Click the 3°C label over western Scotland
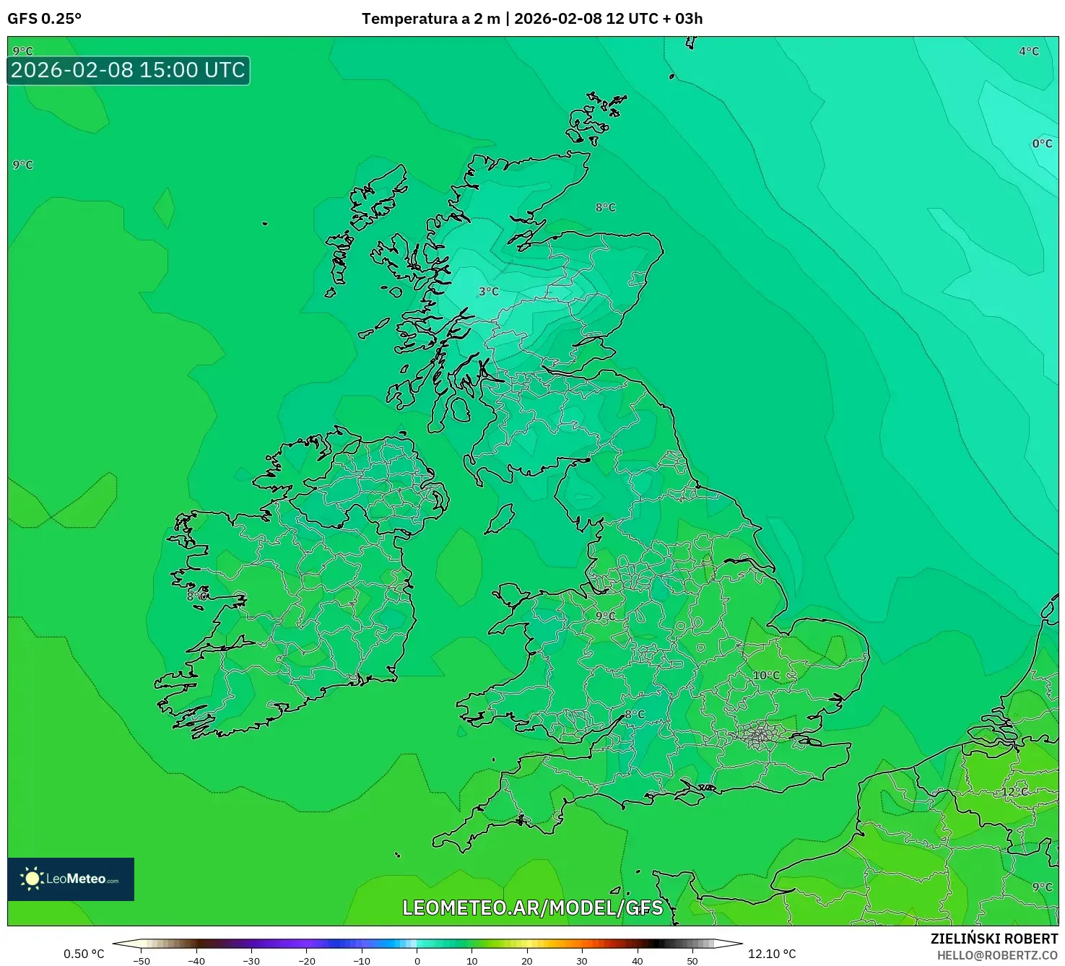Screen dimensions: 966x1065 pyautogui.click(x=489, y=292)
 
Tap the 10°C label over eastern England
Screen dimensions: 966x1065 pyautogui.click(x=766, y=676)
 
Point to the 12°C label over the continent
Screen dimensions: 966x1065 pyautogui.click(x=1014, y=792)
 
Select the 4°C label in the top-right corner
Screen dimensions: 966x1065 pyautogui.click(x=1029, y=51)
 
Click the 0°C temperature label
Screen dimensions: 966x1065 pyautogui.click(x=1042, y=144)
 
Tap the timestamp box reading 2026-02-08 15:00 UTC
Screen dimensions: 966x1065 pyautogui.click(x=129, y=71)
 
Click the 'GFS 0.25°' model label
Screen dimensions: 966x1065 pyautogui.click(x=45, y=19)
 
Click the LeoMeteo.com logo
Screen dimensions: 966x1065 pyautogui.click(x=71, y=879)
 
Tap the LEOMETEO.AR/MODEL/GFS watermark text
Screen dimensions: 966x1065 pyautogui.click(x=532, y=908)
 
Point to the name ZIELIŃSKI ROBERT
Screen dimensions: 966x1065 pyautogui.click(x=994, y=939)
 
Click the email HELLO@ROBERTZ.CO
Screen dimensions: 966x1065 pyautogui.click(x=997, y=955)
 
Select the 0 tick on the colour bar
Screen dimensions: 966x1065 pyautogui.click(x=417, y=961)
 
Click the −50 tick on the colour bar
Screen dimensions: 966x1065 pyautogui.click(x=142, y=961)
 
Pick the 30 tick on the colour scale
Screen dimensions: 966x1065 pyautogui.click(x=582, y=961)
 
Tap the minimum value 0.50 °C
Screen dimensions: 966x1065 pyautogui.click(x=84, y=954)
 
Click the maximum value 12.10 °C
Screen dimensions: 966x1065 pyautogui.click(x=772, y=954)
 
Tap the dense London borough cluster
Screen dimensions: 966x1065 pyautogui.click(x=760, y=735)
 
